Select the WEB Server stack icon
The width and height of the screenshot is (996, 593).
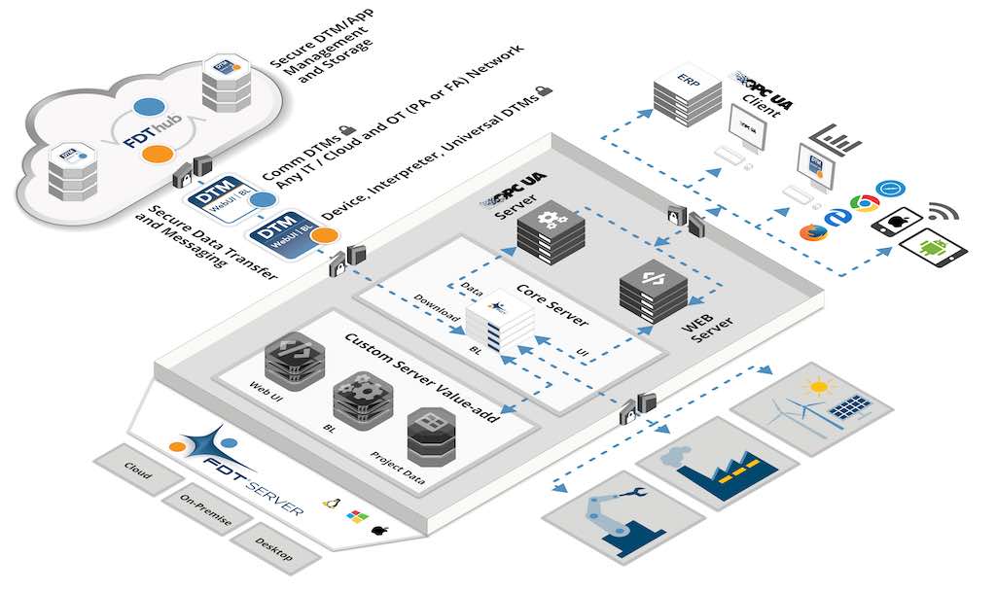click(x=653, y=288)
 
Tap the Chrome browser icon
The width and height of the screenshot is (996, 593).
click(x=860, y=203)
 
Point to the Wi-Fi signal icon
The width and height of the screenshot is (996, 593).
click(x=942, y=212)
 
